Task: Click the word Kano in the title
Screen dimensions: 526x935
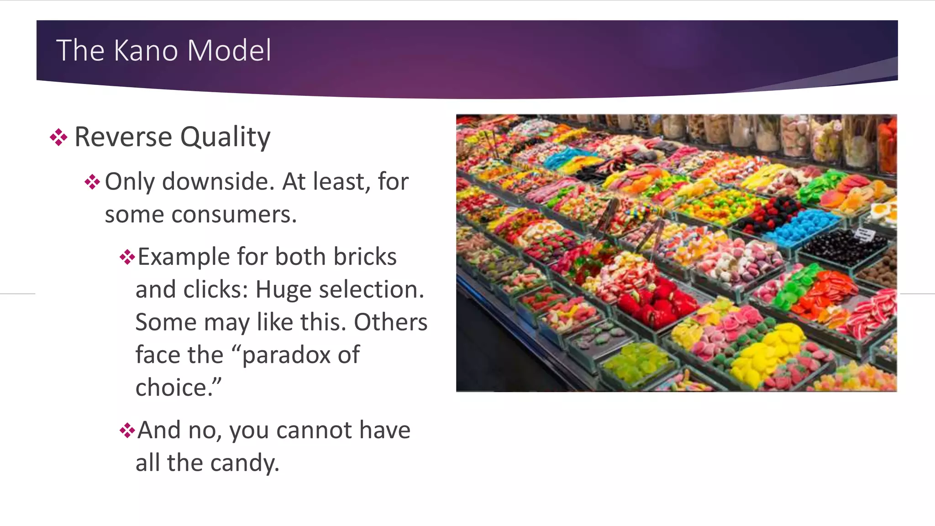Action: click(146, 50)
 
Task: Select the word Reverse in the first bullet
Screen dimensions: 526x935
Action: click(123, 137)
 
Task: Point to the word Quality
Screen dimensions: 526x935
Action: click(225, 137)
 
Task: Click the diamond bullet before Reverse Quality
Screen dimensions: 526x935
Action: click(59, 137)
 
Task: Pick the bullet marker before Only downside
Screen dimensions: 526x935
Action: click(92, 182)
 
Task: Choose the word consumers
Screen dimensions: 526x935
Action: click(234, 215)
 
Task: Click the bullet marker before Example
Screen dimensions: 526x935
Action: click(127, 257)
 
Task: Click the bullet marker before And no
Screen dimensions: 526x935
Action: click(127, 430)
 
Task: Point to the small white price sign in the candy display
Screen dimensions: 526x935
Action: click(864, 235)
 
